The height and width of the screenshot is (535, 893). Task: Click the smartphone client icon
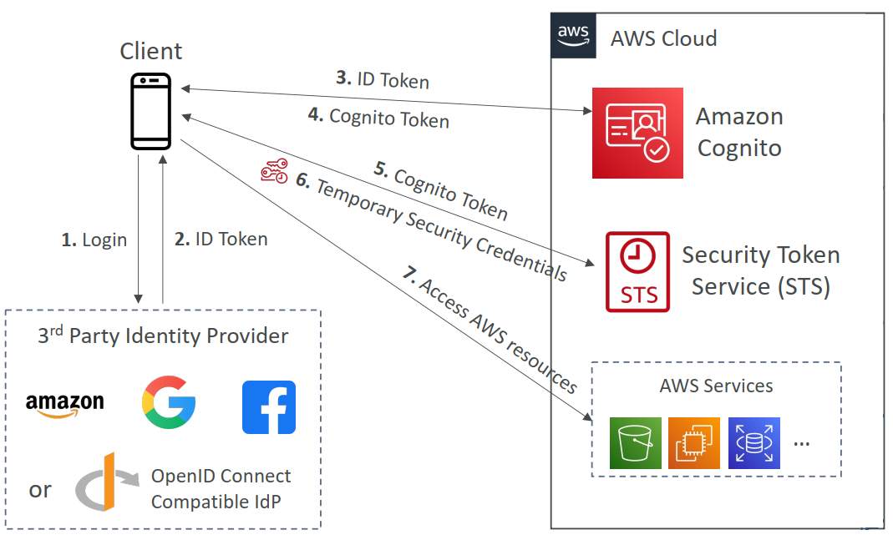151,110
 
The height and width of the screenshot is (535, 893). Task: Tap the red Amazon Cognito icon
637,133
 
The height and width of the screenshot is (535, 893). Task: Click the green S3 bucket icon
636,442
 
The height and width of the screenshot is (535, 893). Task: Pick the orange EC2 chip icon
694,442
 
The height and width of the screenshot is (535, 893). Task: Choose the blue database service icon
753,442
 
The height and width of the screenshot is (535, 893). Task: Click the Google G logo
169,402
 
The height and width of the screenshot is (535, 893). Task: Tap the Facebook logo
269,407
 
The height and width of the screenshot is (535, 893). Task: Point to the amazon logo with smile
65,404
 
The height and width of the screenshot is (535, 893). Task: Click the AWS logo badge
573,36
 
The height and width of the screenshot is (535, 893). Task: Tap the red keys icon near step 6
275,171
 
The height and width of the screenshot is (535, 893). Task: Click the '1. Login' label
94,240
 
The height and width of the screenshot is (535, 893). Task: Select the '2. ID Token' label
221,240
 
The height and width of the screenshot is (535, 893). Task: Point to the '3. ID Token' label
383,80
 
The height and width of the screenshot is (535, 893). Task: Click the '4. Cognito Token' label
378,118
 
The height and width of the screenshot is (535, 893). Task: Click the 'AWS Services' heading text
716,386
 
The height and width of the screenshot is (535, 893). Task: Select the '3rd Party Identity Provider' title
163,336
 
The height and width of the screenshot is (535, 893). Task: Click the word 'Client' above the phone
151,51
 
